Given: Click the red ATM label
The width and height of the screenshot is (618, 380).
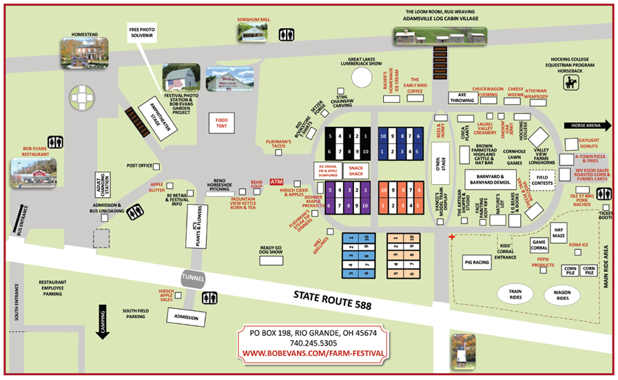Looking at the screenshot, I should (276, 182).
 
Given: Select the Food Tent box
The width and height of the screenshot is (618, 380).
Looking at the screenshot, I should (222, 124).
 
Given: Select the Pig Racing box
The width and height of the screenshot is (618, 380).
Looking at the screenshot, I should (478, 263).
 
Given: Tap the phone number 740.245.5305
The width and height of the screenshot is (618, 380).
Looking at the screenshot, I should (313, 343).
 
